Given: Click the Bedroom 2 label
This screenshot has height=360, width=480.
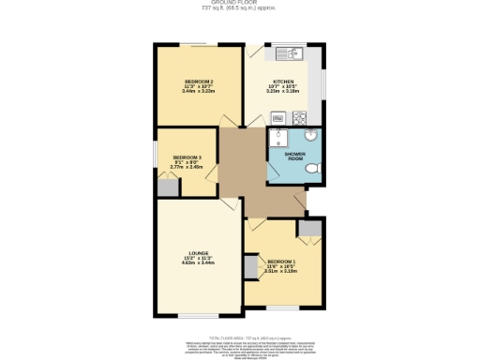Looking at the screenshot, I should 199,82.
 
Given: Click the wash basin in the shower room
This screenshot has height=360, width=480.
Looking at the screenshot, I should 311,136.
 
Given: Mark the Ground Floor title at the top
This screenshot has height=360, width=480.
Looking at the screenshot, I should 240,4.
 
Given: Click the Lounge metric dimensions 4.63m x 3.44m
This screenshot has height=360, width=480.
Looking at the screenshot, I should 196,264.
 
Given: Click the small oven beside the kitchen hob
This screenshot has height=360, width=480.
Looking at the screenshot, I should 278,118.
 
